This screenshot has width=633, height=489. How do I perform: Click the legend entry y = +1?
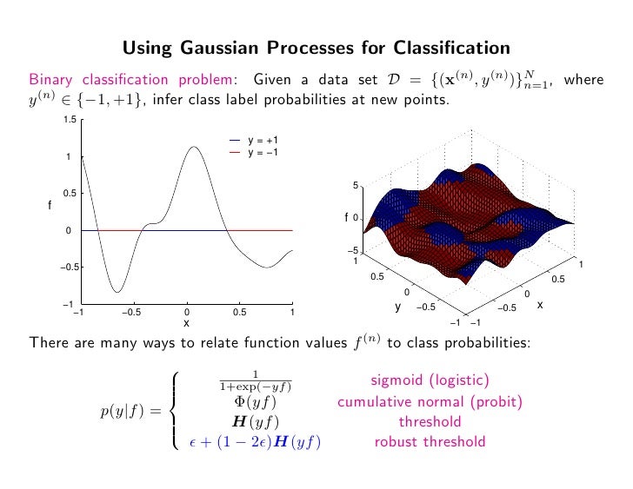[262, 141]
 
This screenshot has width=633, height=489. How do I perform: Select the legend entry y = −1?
[262, 152]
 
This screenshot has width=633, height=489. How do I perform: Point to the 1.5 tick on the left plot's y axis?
[69, 120]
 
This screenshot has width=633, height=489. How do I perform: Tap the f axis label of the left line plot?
[50, 205]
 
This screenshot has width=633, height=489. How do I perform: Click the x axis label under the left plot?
[186, 322]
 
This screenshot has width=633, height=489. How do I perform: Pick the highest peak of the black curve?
[194, 147]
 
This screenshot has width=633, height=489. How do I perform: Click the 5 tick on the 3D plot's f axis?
[355, 185]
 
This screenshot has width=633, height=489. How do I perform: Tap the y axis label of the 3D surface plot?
[397, 306]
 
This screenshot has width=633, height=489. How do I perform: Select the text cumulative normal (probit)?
[430, 401]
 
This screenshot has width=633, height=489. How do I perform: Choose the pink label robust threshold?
[430, 442]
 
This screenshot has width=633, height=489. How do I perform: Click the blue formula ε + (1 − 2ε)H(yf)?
[256, 442]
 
